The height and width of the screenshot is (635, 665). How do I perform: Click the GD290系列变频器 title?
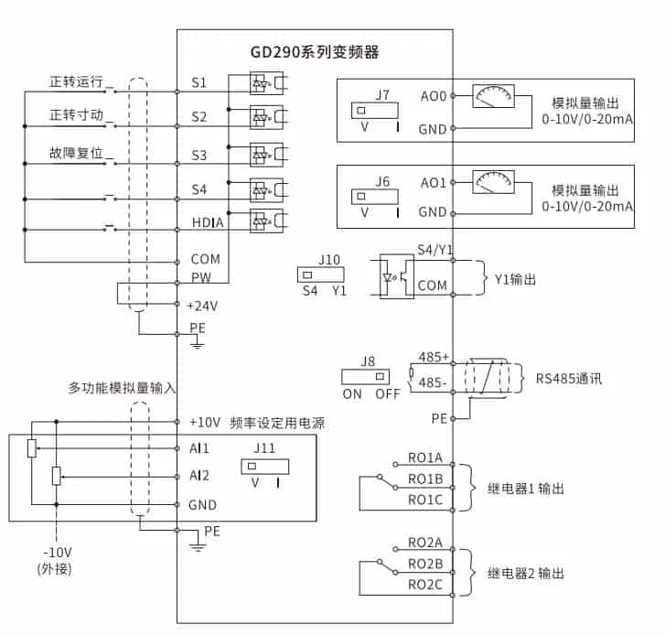(x=315, y=52)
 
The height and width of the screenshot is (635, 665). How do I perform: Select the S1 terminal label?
(x=199, y=83)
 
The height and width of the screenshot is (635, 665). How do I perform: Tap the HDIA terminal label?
(x=208, y=222)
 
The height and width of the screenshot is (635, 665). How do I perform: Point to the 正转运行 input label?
(x=77, y=82)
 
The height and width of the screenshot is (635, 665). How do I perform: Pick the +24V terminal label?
(x=203, y=305)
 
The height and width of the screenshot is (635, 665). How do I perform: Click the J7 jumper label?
(x=382, y=94)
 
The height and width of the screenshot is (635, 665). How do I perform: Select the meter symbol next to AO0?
(x=494, y=96)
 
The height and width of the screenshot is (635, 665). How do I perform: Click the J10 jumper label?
(x=329, y=260)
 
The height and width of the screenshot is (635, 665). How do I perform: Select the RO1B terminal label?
(x=425, y=479)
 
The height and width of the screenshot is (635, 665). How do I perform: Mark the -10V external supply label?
(x=57, y=554)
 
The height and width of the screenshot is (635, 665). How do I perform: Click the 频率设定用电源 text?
(x=278, y=423)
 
